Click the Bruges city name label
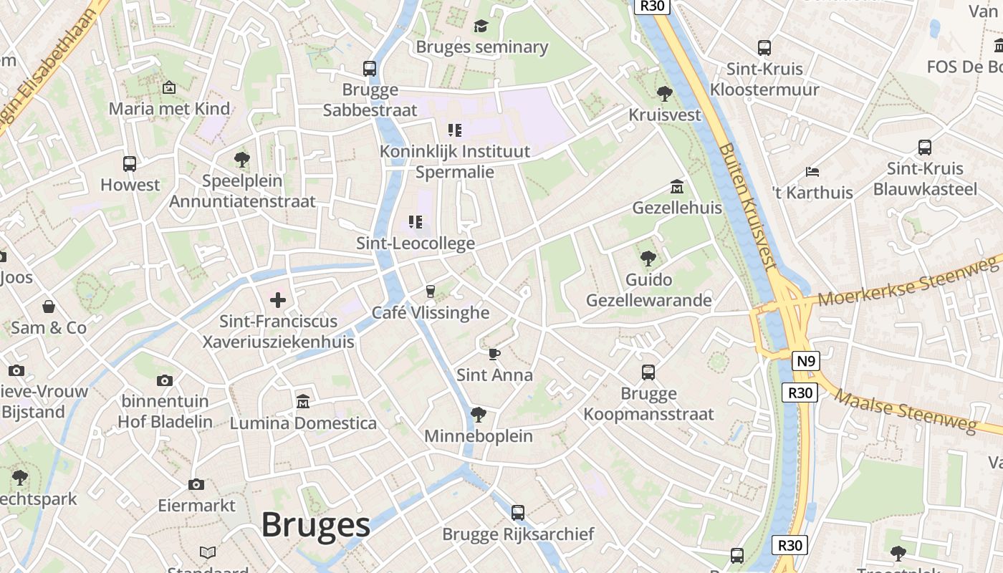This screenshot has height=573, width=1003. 315,525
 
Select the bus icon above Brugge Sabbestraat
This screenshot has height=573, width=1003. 370,69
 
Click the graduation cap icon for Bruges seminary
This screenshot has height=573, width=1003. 481,27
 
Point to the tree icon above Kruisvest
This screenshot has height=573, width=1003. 665,93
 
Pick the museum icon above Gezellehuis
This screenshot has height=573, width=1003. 676,187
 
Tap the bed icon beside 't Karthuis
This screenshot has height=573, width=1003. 812,172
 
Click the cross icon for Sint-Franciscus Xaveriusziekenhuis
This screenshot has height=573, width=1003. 278,300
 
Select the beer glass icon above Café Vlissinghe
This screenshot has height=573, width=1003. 430,291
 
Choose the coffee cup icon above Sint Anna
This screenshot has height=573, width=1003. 494,354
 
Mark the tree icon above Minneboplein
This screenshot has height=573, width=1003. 478,415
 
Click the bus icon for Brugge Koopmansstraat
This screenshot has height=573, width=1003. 648,372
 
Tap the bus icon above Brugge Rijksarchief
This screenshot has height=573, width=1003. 518,513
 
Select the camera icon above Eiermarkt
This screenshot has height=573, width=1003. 196,485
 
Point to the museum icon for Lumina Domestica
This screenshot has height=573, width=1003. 303,402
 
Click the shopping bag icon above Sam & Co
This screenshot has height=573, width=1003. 49,307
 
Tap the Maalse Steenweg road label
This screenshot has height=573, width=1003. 906,412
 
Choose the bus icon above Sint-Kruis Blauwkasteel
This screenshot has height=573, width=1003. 925,148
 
